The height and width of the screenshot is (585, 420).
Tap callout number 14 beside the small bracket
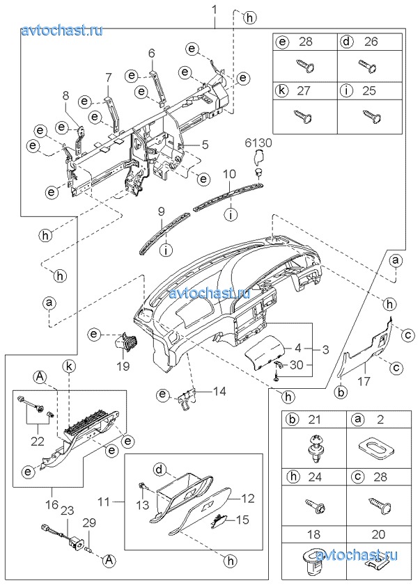coord(219,392)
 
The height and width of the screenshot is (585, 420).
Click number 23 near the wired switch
coord(67,511)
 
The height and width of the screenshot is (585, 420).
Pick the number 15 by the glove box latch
coord(241,519)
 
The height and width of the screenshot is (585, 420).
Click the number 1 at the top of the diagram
coord(215,9)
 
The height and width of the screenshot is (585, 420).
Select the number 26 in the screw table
coord(371,42)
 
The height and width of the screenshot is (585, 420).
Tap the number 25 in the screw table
coord(371,90)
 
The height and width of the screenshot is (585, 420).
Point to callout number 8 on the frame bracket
coord(65,96)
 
